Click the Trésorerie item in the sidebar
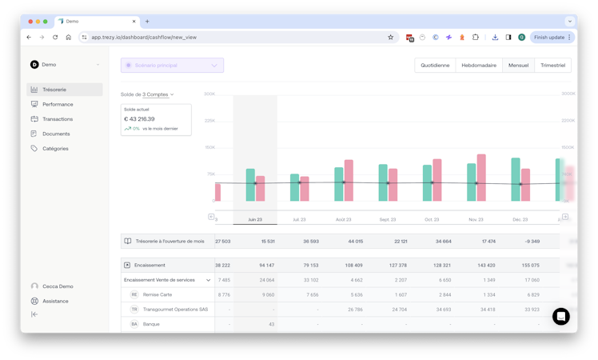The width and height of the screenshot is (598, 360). [54, 90]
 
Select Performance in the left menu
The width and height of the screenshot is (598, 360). [58, 104]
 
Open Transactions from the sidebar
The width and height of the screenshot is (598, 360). [58, 119]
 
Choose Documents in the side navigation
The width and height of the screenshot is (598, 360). [56, 134]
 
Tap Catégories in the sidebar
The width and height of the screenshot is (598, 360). [55, 149]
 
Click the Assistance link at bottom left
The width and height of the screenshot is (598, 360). [55, 301]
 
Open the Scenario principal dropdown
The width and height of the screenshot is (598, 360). [172, 66]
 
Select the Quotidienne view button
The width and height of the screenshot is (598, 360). [435, 66]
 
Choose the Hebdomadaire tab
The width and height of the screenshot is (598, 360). [479, 66]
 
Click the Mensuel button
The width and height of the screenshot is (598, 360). [518, 66]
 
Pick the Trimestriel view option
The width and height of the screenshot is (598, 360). [552, 66]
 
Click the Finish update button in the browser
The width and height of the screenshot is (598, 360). [552, 37]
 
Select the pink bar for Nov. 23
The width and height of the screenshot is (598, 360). [481, 177]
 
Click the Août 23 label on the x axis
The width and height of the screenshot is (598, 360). [344, 219]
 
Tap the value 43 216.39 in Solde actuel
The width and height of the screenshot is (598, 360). [140, 119]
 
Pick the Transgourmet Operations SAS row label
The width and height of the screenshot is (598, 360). [175, 310]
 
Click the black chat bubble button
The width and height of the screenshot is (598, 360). [561, 316]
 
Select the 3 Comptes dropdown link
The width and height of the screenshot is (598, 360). [157, 94]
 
